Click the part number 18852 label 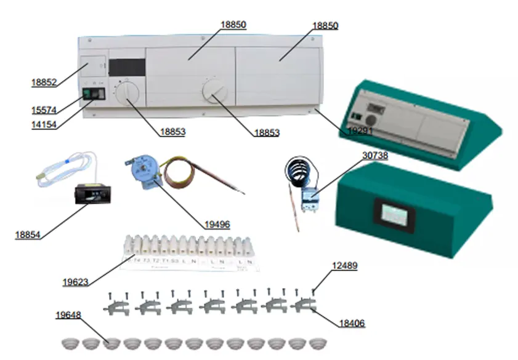(44, 82)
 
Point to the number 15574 (44, 110)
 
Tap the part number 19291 (361, 130)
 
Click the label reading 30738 (374, 156)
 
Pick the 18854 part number (28, 234)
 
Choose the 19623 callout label (75, 282)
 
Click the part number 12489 (344, 266)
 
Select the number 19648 (68, 316)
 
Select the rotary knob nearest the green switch (127, 94)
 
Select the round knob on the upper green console (371, 121)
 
